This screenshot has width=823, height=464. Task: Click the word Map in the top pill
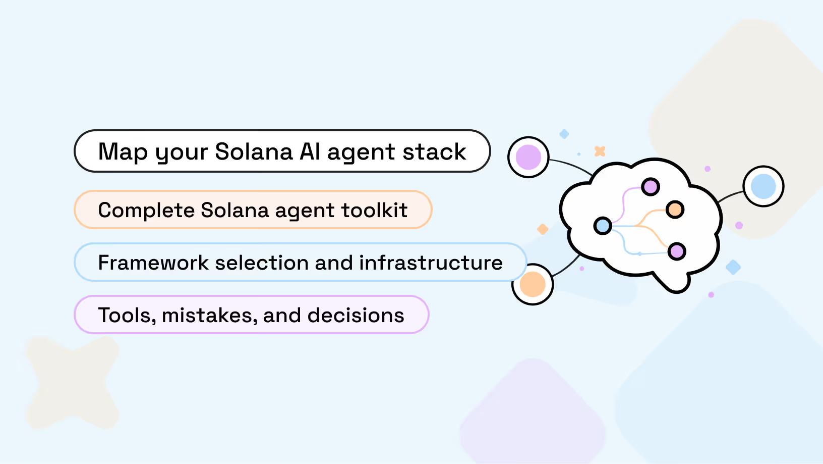(123, 151)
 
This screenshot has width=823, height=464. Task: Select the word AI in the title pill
(310, 151)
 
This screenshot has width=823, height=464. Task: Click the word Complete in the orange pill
(146, 210)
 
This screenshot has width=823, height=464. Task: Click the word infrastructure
(431, 263)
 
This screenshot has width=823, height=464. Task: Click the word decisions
(356, 315)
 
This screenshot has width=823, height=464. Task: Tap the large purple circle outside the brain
(528, 157)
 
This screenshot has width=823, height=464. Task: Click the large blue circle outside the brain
(763, 186)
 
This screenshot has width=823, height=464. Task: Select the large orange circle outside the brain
(533, 284)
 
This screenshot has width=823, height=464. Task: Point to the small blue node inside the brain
(603, 226)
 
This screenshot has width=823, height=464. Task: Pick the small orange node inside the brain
(675, 209)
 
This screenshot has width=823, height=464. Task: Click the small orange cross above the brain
(600, 151)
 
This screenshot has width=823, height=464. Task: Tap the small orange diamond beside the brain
(543, 229)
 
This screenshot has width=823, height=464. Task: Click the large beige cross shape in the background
(72, 382)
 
